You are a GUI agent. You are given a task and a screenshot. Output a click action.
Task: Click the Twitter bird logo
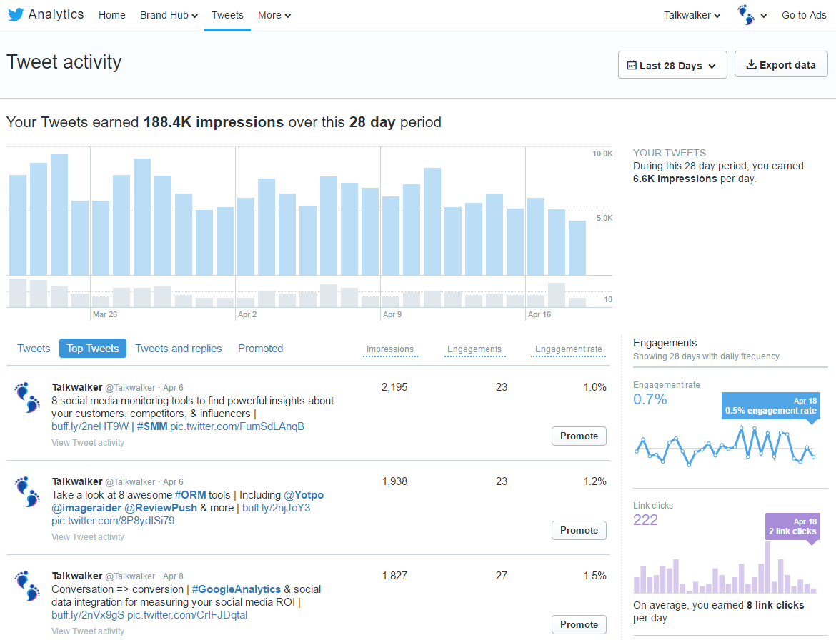pos(16,15)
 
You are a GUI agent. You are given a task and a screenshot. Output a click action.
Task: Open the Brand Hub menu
pos(169,15)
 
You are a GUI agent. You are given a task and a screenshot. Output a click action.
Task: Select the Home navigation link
pos(112,15)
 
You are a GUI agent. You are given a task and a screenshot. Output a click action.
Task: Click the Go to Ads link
pos(804,15)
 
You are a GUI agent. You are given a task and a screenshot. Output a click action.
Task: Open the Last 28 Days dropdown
pos(672,65)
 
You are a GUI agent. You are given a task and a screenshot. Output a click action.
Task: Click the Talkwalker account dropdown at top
pos(692,15)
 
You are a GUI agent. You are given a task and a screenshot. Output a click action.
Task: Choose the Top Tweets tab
pos(93,349)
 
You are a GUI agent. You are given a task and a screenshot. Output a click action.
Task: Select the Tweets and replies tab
pos(179,349)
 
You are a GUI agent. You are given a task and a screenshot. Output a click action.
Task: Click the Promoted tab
pos(260,349)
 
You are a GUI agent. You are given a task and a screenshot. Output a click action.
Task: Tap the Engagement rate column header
pos(568,349)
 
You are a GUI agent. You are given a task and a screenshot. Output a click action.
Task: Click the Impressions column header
pos(390,349)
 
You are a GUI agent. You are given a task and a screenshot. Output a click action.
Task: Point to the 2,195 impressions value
pos(394,387)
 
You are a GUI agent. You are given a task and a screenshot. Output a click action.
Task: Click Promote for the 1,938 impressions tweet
pos(579,530)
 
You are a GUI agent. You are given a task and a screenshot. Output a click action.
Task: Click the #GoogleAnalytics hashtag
pos(236,589)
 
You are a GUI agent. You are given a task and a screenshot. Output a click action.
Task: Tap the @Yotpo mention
pos(304,495)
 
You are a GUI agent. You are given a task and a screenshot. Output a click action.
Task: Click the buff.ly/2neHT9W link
pos(90,426)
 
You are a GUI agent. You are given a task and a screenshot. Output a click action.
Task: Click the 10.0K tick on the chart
pos(602,154)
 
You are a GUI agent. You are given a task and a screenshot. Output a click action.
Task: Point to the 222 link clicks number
pos(645,520)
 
